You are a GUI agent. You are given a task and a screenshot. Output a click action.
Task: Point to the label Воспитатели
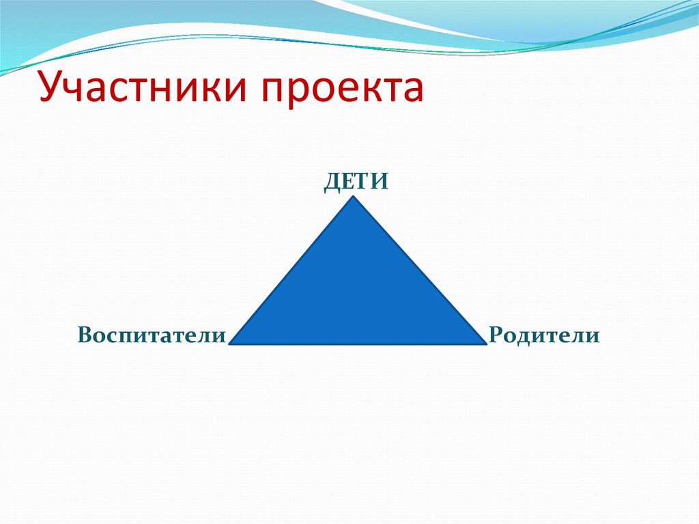point(152,335)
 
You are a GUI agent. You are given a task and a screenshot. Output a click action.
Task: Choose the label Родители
point(544,335)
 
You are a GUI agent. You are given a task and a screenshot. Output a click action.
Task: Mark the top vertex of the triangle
point(354,197)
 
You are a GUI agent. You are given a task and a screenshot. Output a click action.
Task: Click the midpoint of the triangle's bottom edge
point(358,344)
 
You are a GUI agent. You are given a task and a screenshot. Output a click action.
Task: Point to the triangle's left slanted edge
point(292,271)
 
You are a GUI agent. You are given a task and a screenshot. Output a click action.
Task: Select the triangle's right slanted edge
point(419,271)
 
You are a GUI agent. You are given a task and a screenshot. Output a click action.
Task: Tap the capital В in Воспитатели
point(85,335)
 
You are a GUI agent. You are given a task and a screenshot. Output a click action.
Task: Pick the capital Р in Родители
point(496,335)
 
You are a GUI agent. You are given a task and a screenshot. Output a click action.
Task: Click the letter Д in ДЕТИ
point(332,182)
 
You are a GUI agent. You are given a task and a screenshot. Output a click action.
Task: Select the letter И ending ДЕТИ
point(380,182)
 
